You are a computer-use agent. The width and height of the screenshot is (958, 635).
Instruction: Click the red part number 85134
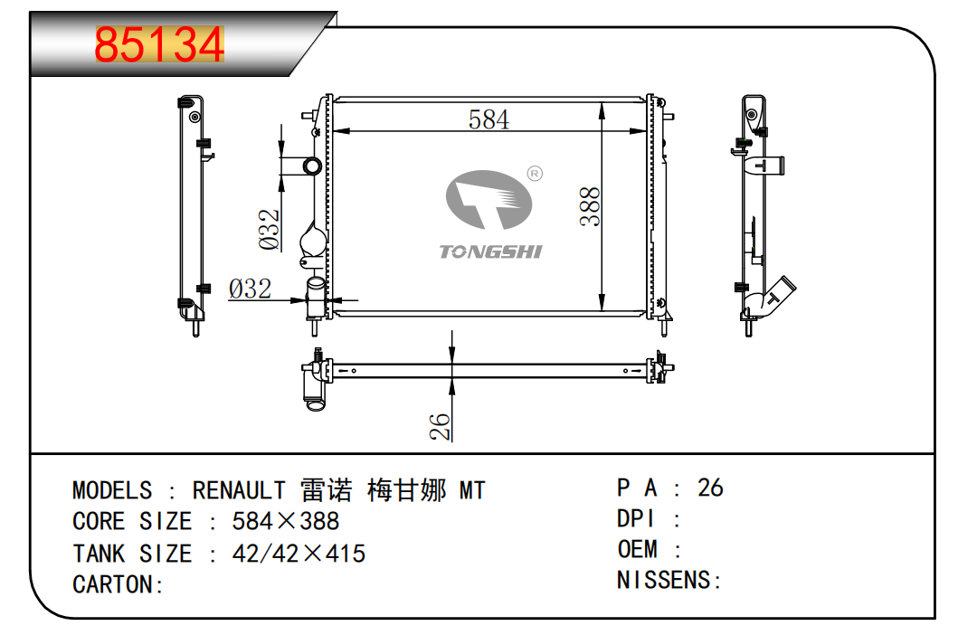tap(159, 44)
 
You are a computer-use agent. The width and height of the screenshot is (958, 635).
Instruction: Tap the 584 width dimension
tap(488, 119)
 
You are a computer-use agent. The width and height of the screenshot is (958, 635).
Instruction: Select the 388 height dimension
tap(590, 206)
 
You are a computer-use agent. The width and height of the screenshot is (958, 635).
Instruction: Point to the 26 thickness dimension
tap(440, 427)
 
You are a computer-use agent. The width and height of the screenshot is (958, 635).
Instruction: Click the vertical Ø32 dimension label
tap(269, 229)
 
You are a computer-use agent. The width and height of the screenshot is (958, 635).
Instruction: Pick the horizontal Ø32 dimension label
tap(250, 289)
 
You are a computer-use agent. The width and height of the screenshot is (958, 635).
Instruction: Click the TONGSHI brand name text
tap(490, 251)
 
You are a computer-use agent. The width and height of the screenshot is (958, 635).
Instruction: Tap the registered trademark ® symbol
tap(535, 174)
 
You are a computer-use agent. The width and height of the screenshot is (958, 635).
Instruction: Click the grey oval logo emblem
tap(488, 200)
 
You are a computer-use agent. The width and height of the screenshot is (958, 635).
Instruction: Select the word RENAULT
tap(238, 490)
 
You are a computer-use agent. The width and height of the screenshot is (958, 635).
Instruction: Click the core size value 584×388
tap(285, 521)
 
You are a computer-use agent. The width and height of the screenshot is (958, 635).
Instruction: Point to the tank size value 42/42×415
tap(299, 554)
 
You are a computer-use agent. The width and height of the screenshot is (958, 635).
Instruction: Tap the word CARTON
tap(112, 585)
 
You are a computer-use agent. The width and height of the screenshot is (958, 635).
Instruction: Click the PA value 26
tap(710, 488)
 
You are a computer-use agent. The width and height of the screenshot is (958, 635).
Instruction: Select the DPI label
tap(635, 519)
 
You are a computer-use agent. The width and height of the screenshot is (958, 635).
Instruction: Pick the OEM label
tap(637, 549)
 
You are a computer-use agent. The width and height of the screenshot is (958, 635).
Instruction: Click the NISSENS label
tap(664, 580)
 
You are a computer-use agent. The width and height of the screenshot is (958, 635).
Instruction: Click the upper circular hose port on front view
tap(312, 166)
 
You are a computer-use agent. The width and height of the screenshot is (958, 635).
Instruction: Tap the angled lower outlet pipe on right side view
tap(771, 299)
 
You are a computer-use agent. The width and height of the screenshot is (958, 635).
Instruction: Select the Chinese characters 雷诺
tap(327, 490)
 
